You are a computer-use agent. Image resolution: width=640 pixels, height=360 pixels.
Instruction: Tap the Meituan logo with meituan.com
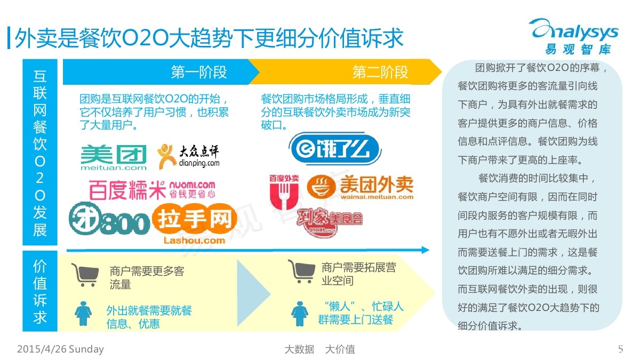pos(114,157)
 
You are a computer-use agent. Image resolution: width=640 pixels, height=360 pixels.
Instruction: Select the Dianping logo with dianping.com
pos(188,155)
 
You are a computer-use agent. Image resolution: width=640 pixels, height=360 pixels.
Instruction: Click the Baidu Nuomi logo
pos(152,189)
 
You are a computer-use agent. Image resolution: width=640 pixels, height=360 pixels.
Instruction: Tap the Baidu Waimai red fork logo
pos(284,191)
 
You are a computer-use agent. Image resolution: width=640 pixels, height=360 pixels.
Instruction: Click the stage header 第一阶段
pos(199,73)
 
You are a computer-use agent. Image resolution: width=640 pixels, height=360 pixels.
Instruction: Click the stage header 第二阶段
pos(380,73)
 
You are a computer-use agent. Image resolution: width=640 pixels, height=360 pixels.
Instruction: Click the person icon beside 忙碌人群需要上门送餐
pos(299,314)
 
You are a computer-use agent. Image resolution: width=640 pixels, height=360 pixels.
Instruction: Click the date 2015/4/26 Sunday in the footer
pos(60,349)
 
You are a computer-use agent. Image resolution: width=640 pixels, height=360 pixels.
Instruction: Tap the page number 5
pos(620,349)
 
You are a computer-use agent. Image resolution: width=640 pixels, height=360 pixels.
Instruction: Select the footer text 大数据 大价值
pos(319,349)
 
